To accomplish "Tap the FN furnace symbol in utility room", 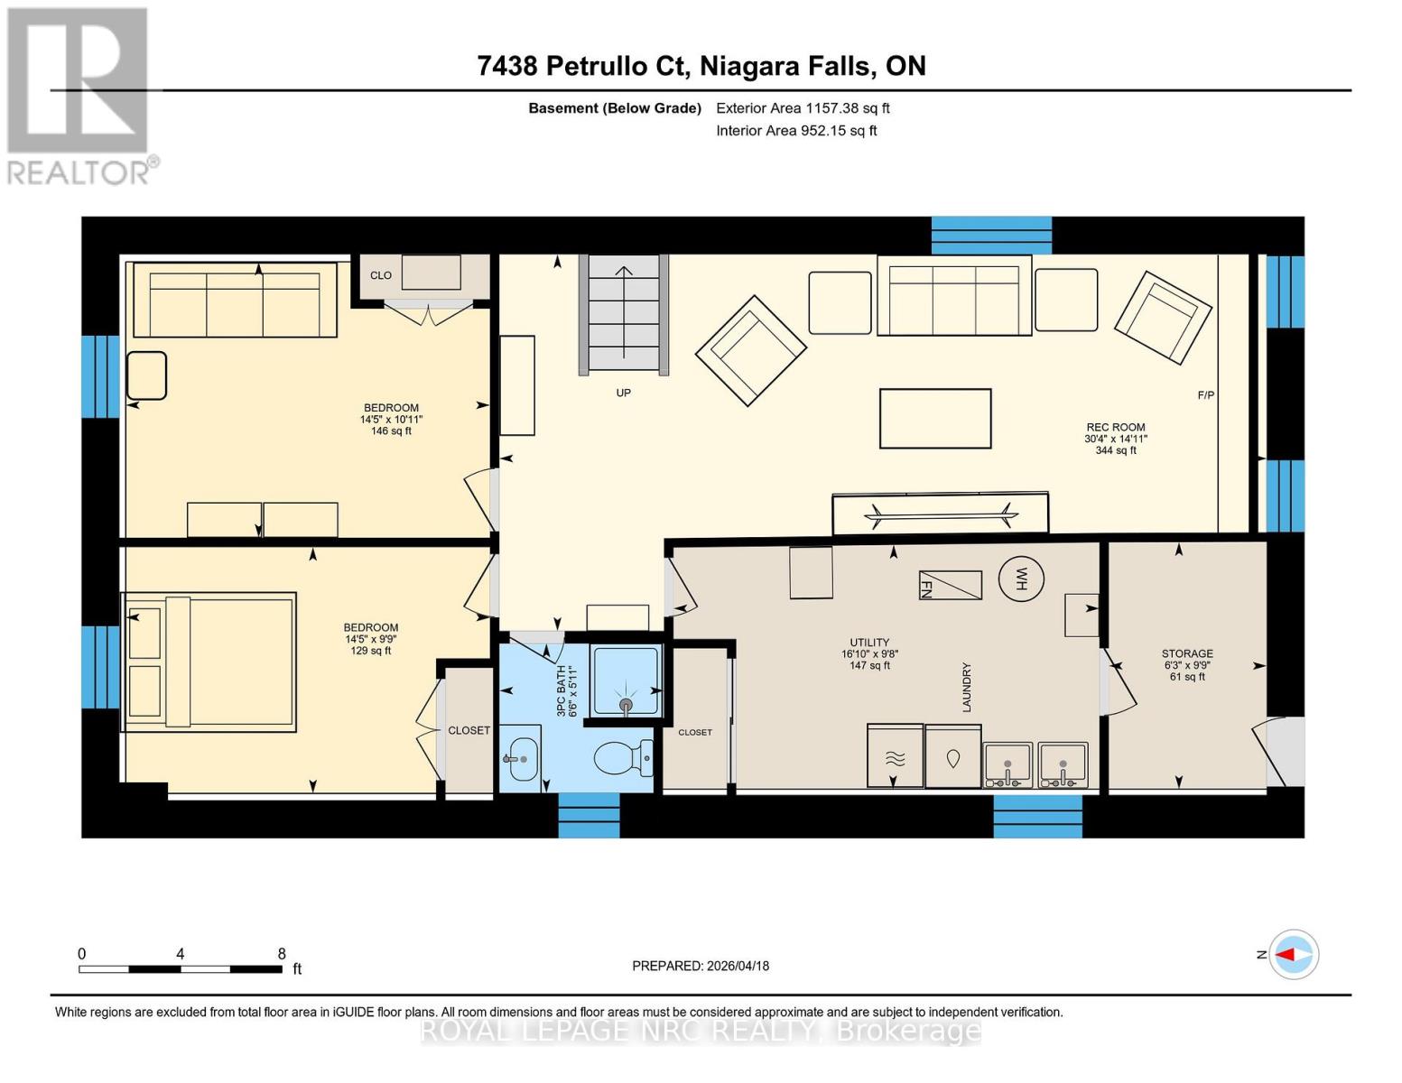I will pyautogui.click(x=950, y=585).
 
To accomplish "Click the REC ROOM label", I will pyautogui.click(x=1116, y=428).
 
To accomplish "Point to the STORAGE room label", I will pyautogui.click(x=1187, y=653).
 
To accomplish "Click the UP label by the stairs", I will pyautogui.click(x=623, y=393).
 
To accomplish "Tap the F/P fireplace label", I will pyautogui.click(x=1205, y=395).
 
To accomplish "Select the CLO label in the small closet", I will pyautogui.click(x=381, y=275).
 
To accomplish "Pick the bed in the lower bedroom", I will pyautogui.click(x=209, y=661).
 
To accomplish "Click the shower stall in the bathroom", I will pyautogui.click(x=626, y=682).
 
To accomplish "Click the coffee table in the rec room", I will pyautogui.click(x=935, y=418).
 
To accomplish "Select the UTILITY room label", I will pyautogui.click(x=869, y=643).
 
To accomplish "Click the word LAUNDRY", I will pyautogui.click(x=967, y=687).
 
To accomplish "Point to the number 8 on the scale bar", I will pyautogui.click(x=282, y=953).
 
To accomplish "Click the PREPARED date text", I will pyautogui.click(x=701, y=966).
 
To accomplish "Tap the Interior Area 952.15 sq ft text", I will pyautogui.click(x=796, y=131).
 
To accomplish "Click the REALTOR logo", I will pyautogui.click(x=79, y=95).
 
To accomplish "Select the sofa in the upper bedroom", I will pyautogui.click(x=235, y=301).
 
